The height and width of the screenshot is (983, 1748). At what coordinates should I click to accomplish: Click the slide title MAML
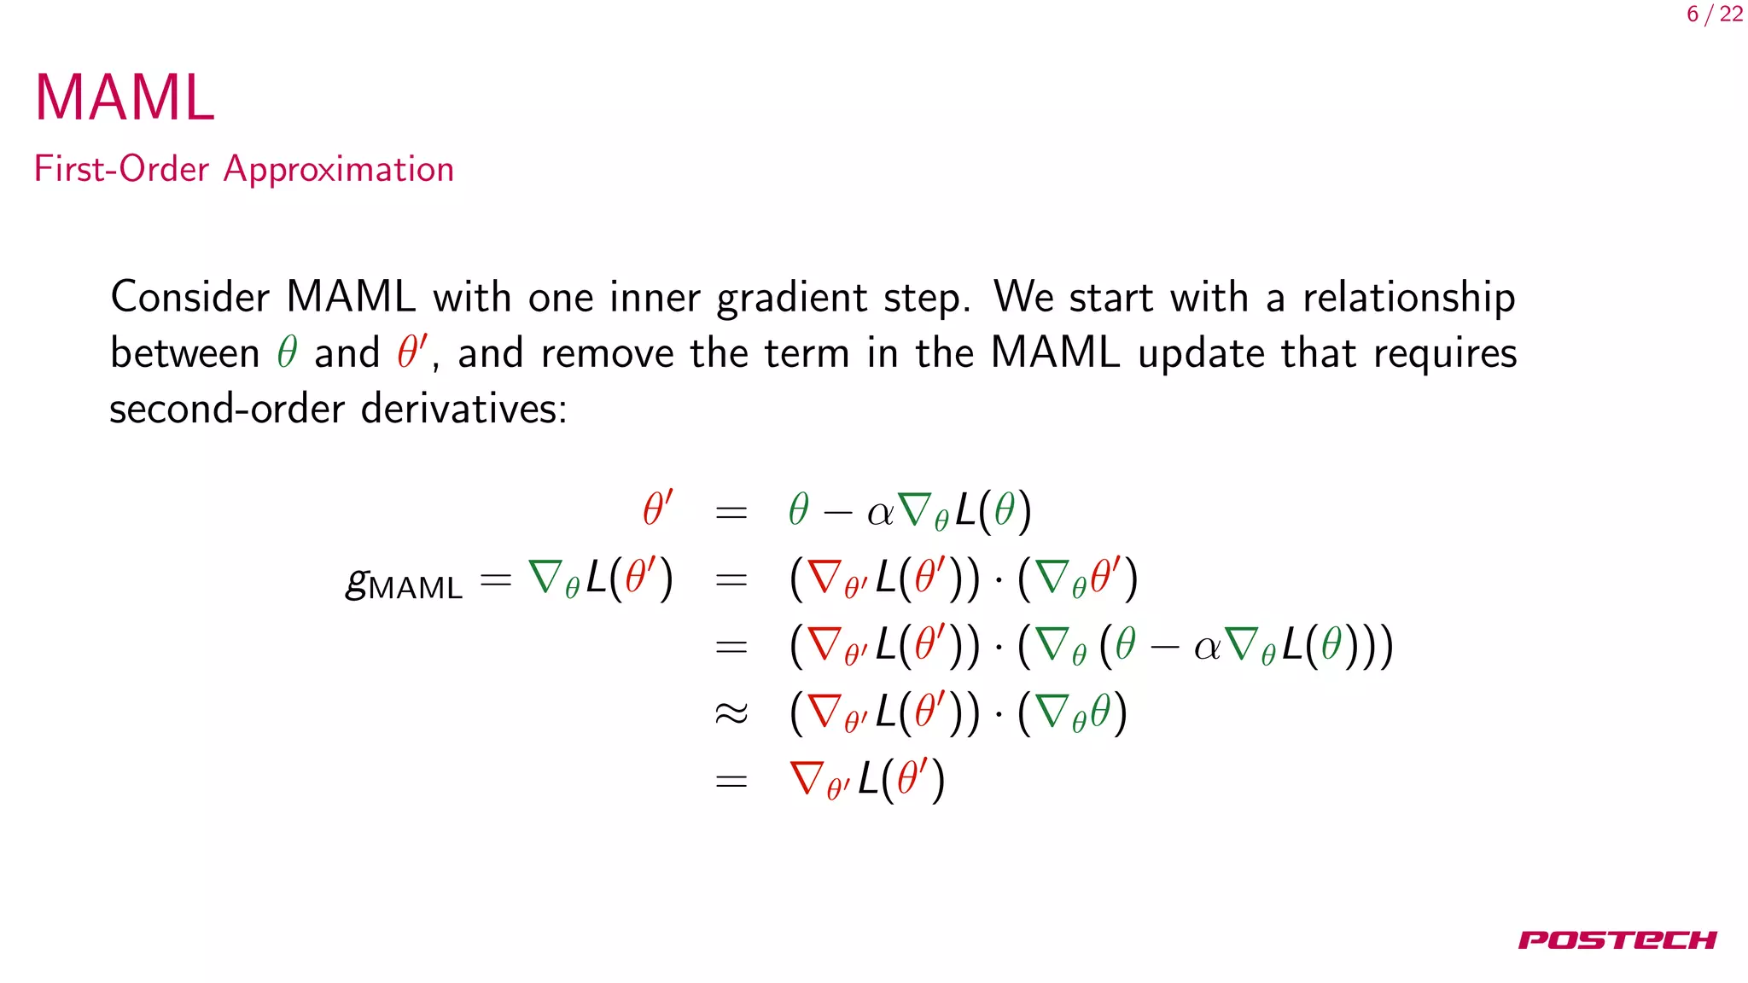tap(125, 98)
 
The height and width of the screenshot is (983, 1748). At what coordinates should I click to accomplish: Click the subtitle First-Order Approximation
tap(243, 169)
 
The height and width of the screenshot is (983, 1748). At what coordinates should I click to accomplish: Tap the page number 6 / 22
tap(1715, 15)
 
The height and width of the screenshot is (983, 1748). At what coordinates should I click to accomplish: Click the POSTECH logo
tap(1617, 940)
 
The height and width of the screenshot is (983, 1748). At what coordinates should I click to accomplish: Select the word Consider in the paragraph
tap(190, 297)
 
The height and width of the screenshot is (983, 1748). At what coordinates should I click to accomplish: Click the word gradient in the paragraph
tap(792, 299)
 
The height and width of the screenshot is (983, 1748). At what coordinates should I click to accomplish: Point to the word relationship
tap(1408, 299)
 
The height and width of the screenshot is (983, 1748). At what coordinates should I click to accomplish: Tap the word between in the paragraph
tap(185, 353)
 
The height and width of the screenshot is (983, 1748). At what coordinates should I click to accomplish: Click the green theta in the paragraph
tap(287, 352)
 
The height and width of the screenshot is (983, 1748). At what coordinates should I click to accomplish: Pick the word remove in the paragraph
tap(607, 353)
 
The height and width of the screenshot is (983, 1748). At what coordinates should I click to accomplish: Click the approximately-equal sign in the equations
tap(731, 713)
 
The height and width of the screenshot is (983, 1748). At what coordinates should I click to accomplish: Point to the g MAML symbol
tap(403, 584)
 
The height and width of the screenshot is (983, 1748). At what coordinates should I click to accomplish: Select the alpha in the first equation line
tap(880, 513)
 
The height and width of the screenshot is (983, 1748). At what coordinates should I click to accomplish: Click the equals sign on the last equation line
tap(731, 781)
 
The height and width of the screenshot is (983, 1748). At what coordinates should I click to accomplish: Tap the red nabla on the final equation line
tap(807, 777)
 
